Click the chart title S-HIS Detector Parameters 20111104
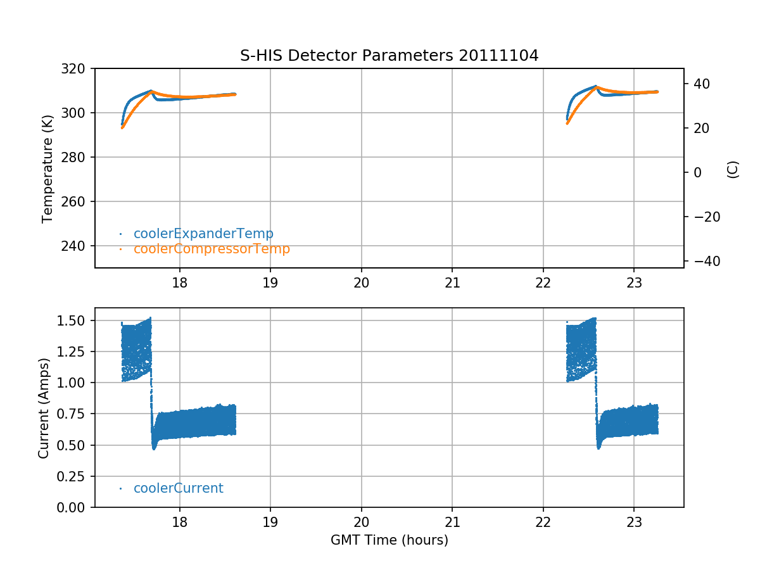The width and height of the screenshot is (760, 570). [x=389, y=56]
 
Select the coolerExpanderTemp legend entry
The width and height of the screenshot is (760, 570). [x=203, y=234]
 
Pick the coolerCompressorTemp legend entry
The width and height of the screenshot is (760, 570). [x=212, y=249]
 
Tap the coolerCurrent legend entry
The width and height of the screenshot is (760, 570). [x=178, y=488]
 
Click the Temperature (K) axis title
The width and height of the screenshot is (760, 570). [x=47, y=168]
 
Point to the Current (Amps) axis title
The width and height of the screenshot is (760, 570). [x=43, y=407]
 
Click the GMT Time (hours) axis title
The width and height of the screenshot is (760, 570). [x=389, y=540]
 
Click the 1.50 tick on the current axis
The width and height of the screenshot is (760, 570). [x=77, y=320]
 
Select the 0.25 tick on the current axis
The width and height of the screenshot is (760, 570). [x=77, y=476]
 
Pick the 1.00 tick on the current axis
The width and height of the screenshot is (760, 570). [x=77, y=383]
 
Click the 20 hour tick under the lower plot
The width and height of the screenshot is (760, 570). [x=362, y=522]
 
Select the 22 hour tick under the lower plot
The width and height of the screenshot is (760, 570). [x=543, y=522]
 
